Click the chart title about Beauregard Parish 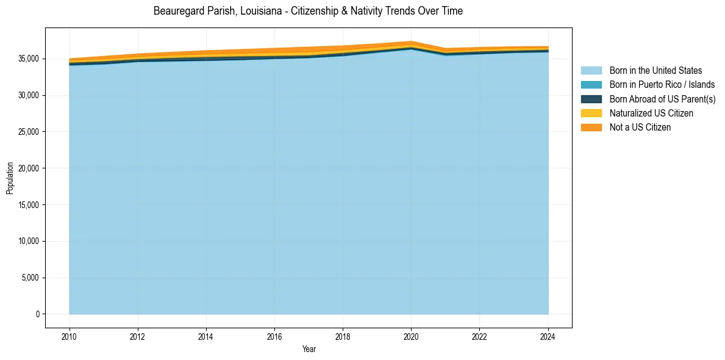pos(308,11)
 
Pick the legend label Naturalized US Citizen pos(651,113)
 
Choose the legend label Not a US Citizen pos(640,128)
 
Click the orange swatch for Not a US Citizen pos(591,128)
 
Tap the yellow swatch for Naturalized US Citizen pos(591,113)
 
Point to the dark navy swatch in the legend pos(591,99)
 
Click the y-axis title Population pos(10,178)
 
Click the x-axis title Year pos(309,350)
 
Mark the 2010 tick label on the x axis pos(70,336)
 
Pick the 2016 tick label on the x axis pos(274,336)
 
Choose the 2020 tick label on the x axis pos(411,336)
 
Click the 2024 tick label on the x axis pos(548,336)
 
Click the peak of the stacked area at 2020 pos(411,41)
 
